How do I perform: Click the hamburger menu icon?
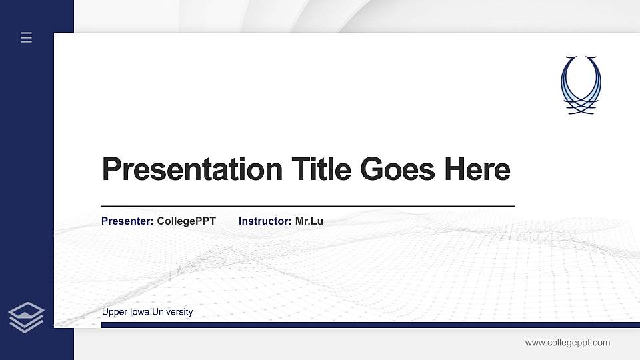click(x=27, y=37)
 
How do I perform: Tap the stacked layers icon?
click(x=27, y=317)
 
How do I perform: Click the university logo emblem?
click(x=581, y=85)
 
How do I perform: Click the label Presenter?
click(x=127, y=221)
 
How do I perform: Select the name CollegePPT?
click(x=187, y=221)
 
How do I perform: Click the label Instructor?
click(x=265, y=221)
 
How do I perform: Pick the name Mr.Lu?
click(x=309, y=221)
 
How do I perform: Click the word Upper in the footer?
click(x=114, y=312)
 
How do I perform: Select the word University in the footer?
click(x=172, y=312)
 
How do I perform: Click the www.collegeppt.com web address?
click(x=567, y=343)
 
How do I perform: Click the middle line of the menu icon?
click(x=27, y=37)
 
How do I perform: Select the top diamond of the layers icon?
click(x=27, y=310)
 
